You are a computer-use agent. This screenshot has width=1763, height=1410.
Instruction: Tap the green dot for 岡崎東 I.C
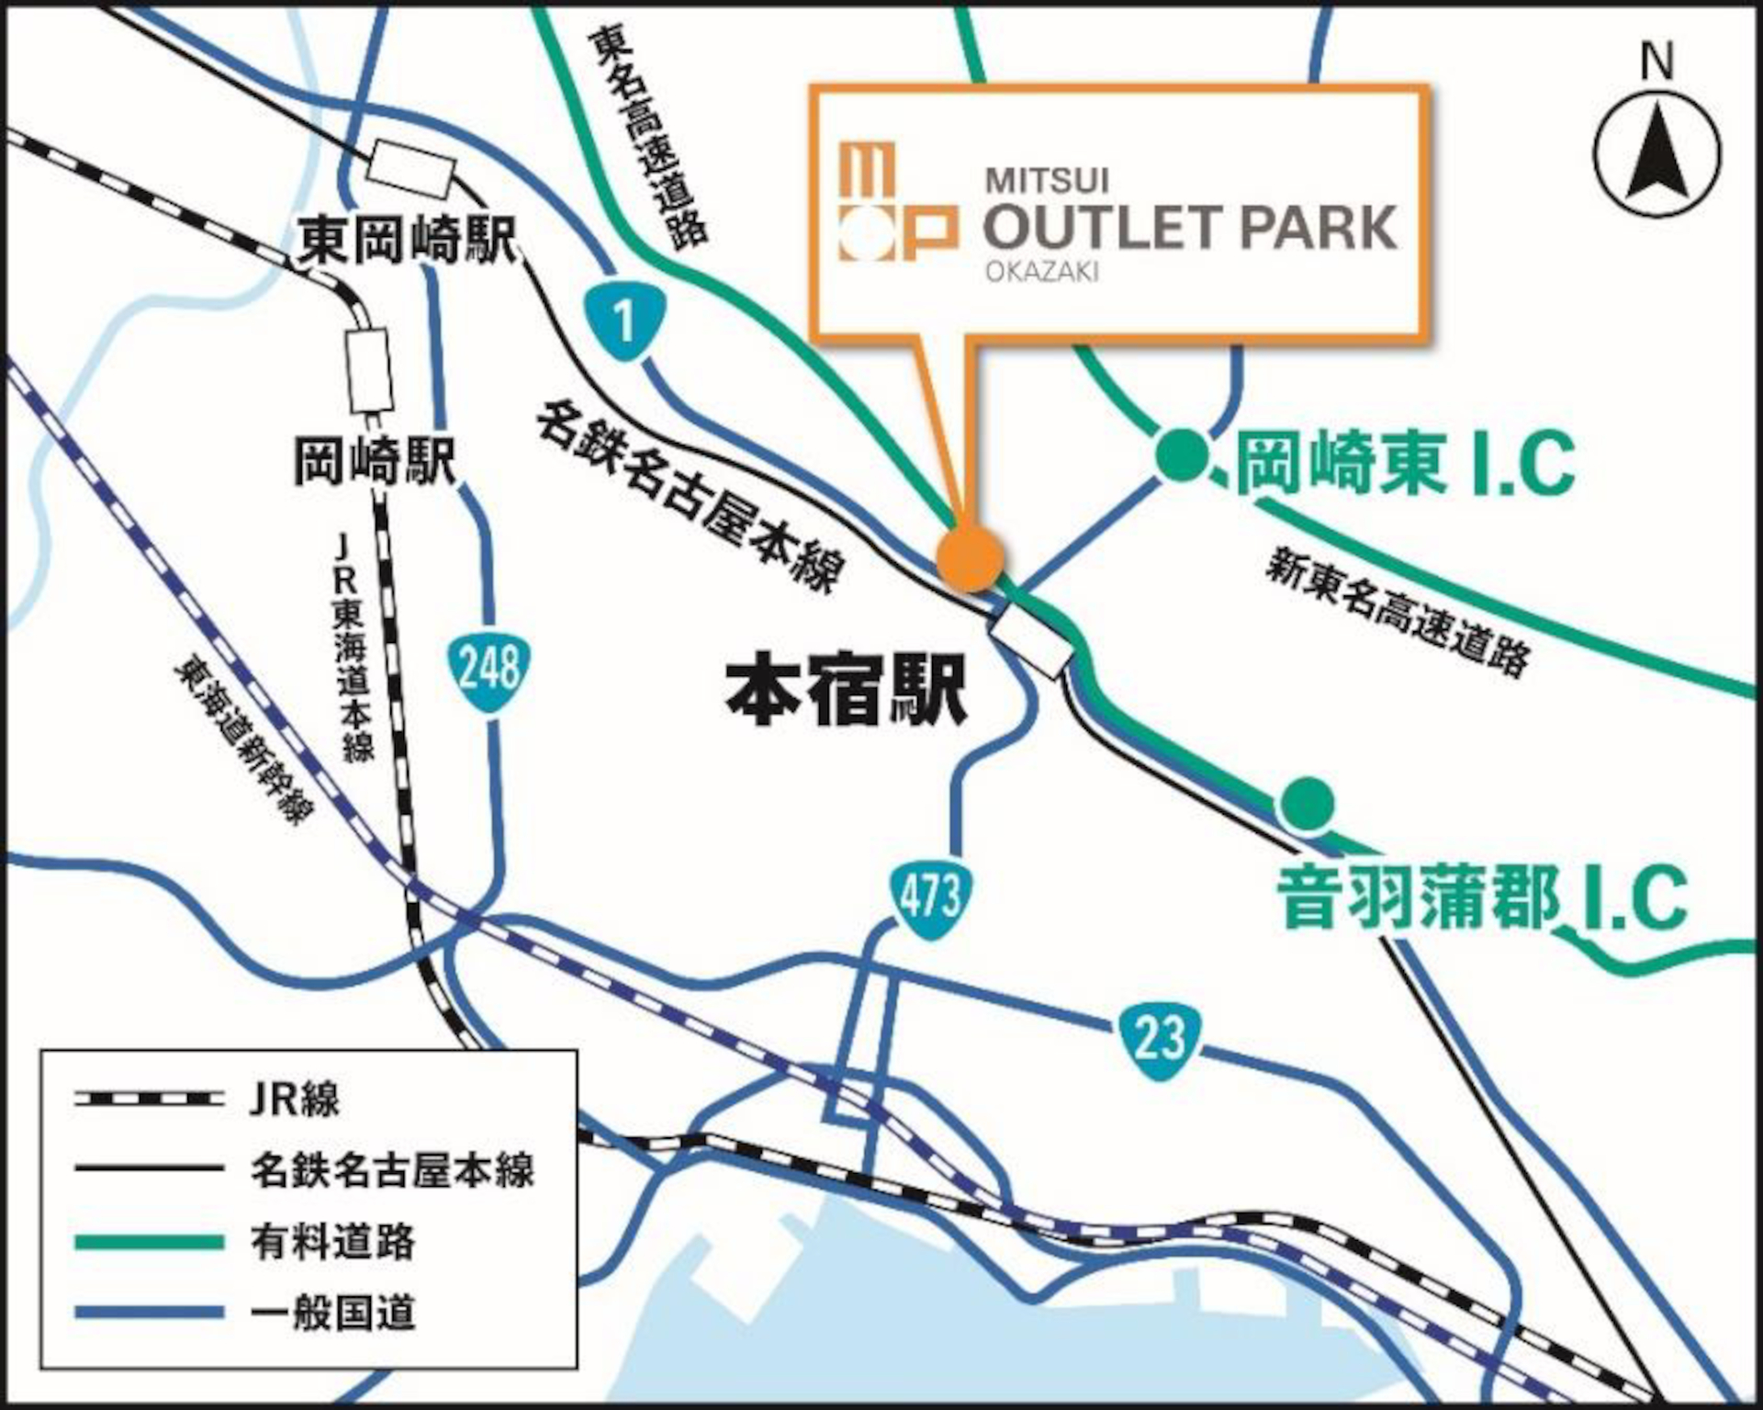point(1182,456)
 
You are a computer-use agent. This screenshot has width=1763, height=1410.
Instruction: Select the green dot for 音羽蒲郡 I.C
point(1308,802)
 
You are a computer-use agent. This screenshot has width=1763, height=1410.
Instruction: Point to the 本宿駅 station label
point(846,691)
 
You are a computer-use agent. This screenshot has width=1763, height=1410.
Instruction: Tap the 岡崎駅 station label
point(374,460)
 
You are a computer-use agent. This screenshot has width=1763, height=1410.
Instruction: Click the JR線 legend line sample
point(149,1099)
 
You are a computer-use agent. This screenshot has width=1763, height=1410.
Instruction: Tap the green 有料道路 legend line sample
point(149,1242)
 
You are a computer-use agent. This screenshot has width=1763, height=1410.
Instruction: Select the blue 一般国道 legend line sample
point(149,1313)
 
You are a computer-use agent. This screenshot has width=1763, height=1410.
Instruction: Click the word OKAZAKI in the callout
point(1042,272)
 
